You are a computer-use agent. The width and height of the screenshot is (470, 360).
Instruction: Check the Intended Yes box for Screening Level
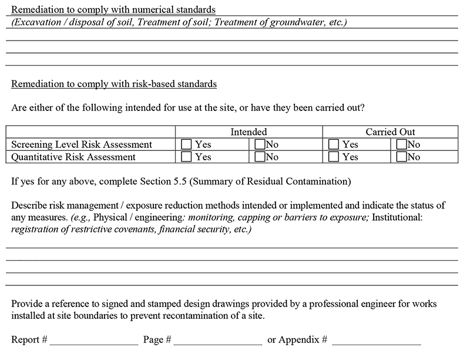(186, 144)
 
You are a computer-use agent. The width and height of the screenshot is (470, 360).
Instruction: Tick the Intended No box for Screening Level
(260, 144)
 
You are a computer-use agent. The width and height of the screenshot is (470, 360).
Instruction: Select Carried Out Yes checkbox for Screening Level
(334, 144)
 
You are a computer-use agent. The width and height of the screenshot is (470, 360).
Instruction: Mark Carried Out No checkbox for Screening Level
(402, 144)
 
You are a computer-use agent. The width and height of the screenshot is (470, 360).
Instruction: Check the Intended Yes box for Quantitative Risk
(186, 157)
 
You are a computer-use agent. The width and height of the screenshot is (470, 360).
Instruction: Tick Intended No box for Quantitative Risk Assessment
(260, 157)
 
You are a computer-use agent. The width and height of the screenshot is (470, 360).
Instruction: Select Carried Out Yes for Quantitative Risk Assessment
(334, 157)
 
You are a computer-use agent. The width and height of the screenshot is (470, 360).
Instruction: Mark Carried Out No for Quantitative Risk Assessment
(402, 157)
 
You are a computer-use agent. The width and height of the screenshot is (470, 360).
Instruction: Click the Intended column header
(249, 132)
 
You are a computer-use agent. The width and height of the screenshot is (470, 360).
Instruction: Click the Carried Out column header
(390, 132)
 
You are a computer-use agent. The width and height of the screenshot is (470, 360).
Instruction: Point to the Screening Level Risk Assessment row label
(82, 144)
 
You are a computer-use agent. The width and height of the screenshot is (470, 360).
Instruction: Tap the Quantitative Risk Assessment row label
(73, 157)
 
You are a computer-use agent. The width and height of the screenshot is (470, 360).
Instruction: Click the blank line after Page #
(218, 341)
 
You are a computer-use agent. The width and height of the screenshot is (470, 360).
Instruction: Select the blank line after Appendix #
(377, 341)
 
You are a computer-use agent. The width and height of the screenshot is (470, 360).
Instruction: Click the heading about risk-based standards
(114, 84)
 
